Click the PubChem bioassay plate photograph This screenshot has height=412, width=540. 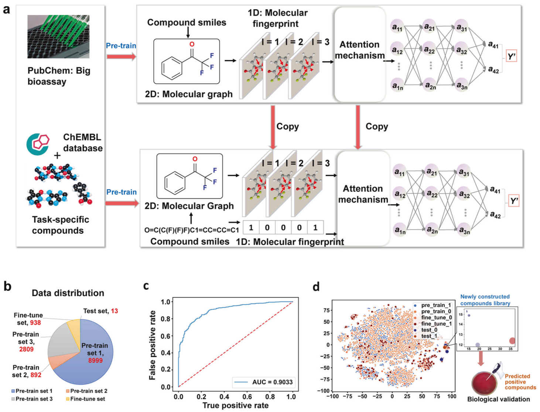pyautogui.click(x=58, y=37)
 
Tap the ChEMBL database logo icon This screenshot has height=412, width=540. pyautogui.click(x=38, y=144)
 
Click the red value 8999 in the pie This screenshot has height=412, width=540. pyautogui.click(x=95, y=360)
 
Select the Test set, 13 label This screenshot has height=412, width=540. pyautogui.click(x=100, y=311)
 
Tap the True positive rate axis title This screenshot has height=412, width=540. pyautogui.click(x=235, y=405)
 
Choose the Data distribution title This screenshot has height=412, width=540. pyautogui.click(x=68, y=293)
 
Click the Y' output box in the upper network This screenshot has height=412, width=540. pyautogui.click(x=511, y=57)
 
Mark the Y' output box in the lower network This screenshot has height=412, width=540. pyautogui.click(x=514, y=201)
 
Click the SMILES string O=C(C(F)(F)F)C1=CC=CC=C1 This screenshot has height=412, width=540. pyautogui.click(x=191, y=230)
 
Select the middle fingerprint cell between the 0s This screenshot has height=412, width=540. pyautogui.click(x=283, y=228)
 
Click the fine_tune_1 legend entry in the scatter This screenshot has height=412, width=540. pyautogui.click(x=436, y=324)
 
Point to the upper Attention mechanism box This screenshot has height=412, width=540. pyautogui.click(x=360, y=54)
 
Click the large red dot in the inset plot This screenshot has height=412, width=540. pyautogui.click(x=512, y=341)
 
